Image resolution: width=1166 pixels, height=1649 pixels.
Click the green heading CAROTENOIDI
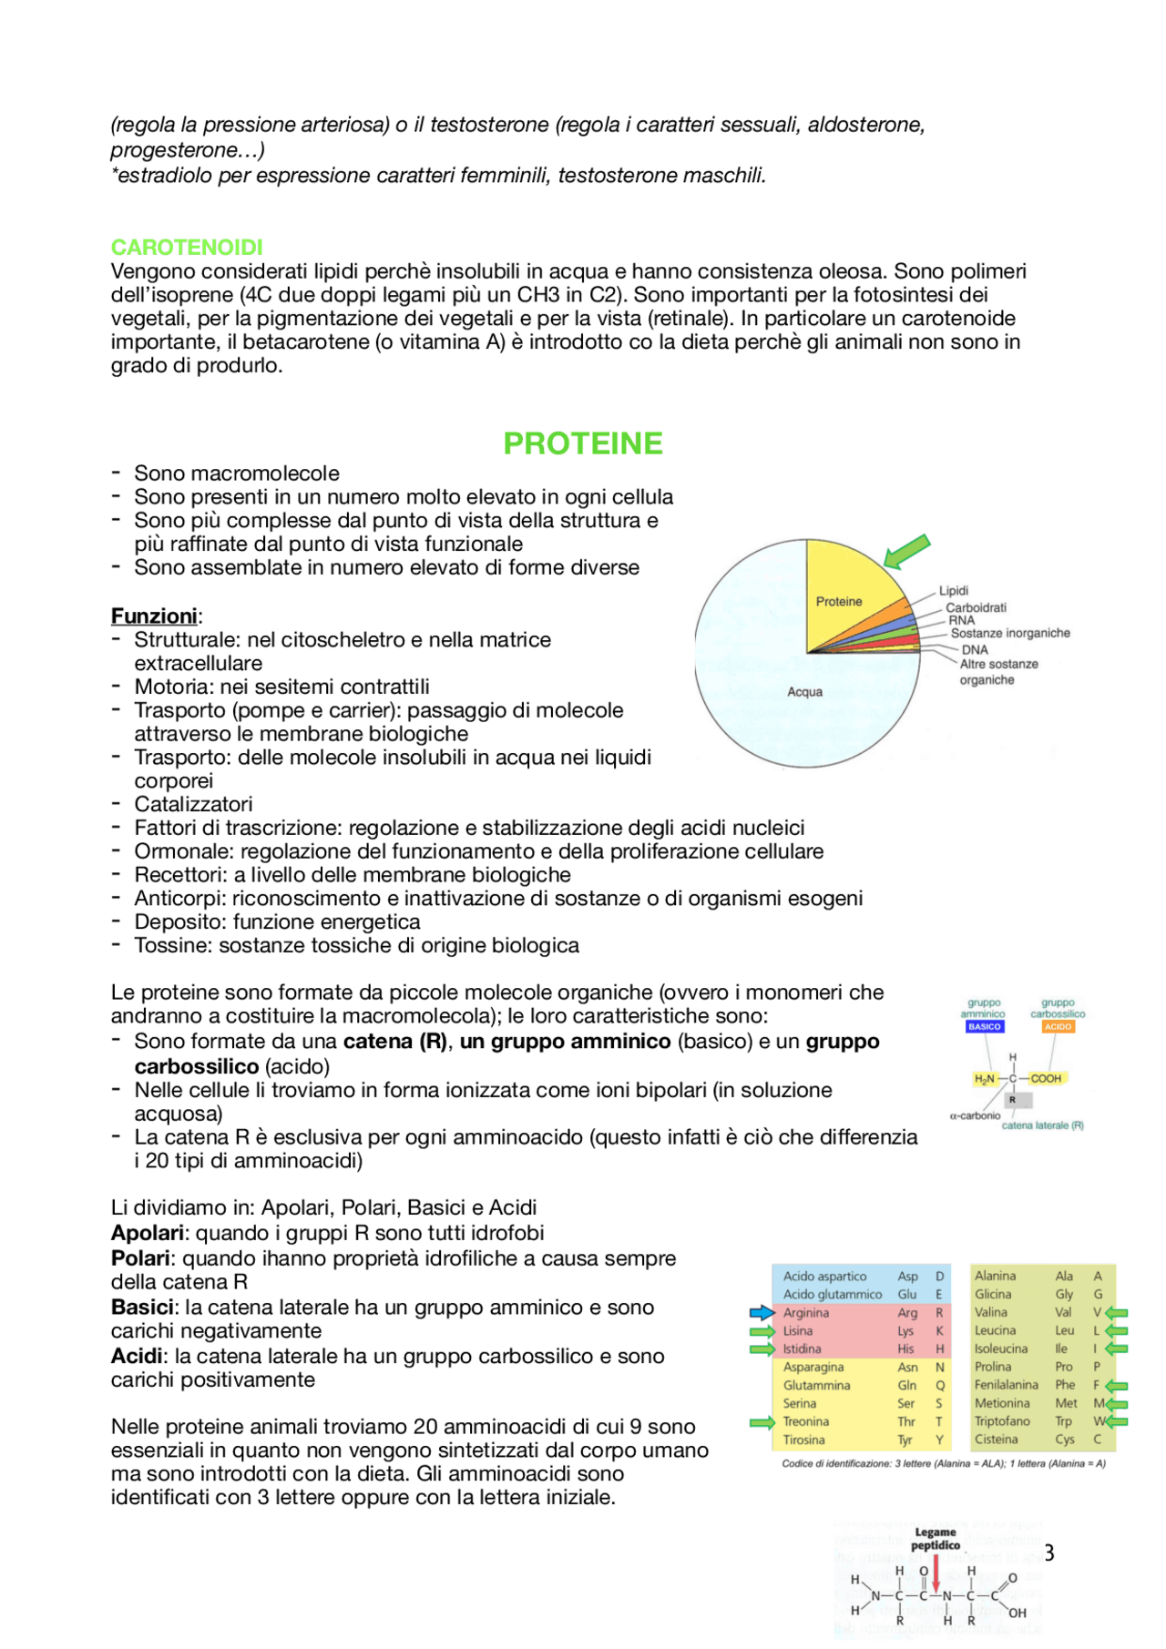[187, 247]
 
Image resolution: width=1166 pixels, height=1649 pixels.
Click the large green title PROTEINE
[583, 443]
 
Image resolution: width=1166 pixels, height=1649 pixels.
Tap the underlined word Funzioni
[154, 616]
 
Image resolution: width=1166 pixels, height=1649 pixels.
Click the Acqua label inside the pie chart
[804, 692]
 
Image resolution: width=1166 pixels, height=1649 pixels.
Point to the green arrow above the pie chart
[907, 550]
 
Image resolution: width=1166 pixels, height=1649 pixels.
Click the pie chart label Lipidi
[954, 591]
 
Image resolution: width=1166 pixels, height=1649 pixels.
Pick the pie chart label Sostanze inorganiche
[1010, 633]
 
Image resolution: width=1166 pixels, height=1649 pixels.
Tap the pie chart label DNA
[975, 650]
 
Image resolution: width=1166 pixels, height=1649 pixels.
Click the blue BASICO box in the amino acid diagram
[984, 1026]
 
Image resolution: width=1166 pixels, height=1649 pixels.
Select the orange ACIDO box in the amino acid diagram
[1058, 1026]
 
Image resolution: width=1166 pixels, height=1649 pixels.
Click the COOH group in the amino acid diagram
[1046, 1078]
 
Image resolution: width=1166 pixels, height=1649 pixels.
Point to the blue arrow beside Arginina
[762, 1313]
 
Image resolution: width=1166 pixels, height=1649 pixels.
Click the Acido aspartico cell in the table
[824, 1277]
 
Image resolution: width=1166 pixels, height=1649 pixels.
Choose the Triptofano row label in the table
[1002, 1421]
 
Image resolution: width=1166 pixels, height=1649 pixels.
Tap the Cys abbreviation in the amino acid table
[1064, 1440]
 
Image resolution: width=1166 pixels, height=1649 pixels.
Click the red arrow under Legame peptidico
[936, 1573]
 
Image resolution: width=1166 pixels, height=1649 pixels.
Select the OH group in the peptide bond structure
[1018, 1613]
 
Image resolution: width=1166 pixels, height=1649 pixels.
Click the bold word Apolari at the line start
[148, 1233]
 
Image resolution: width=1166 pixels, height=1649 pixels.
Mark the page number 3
[1049, 1553]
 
